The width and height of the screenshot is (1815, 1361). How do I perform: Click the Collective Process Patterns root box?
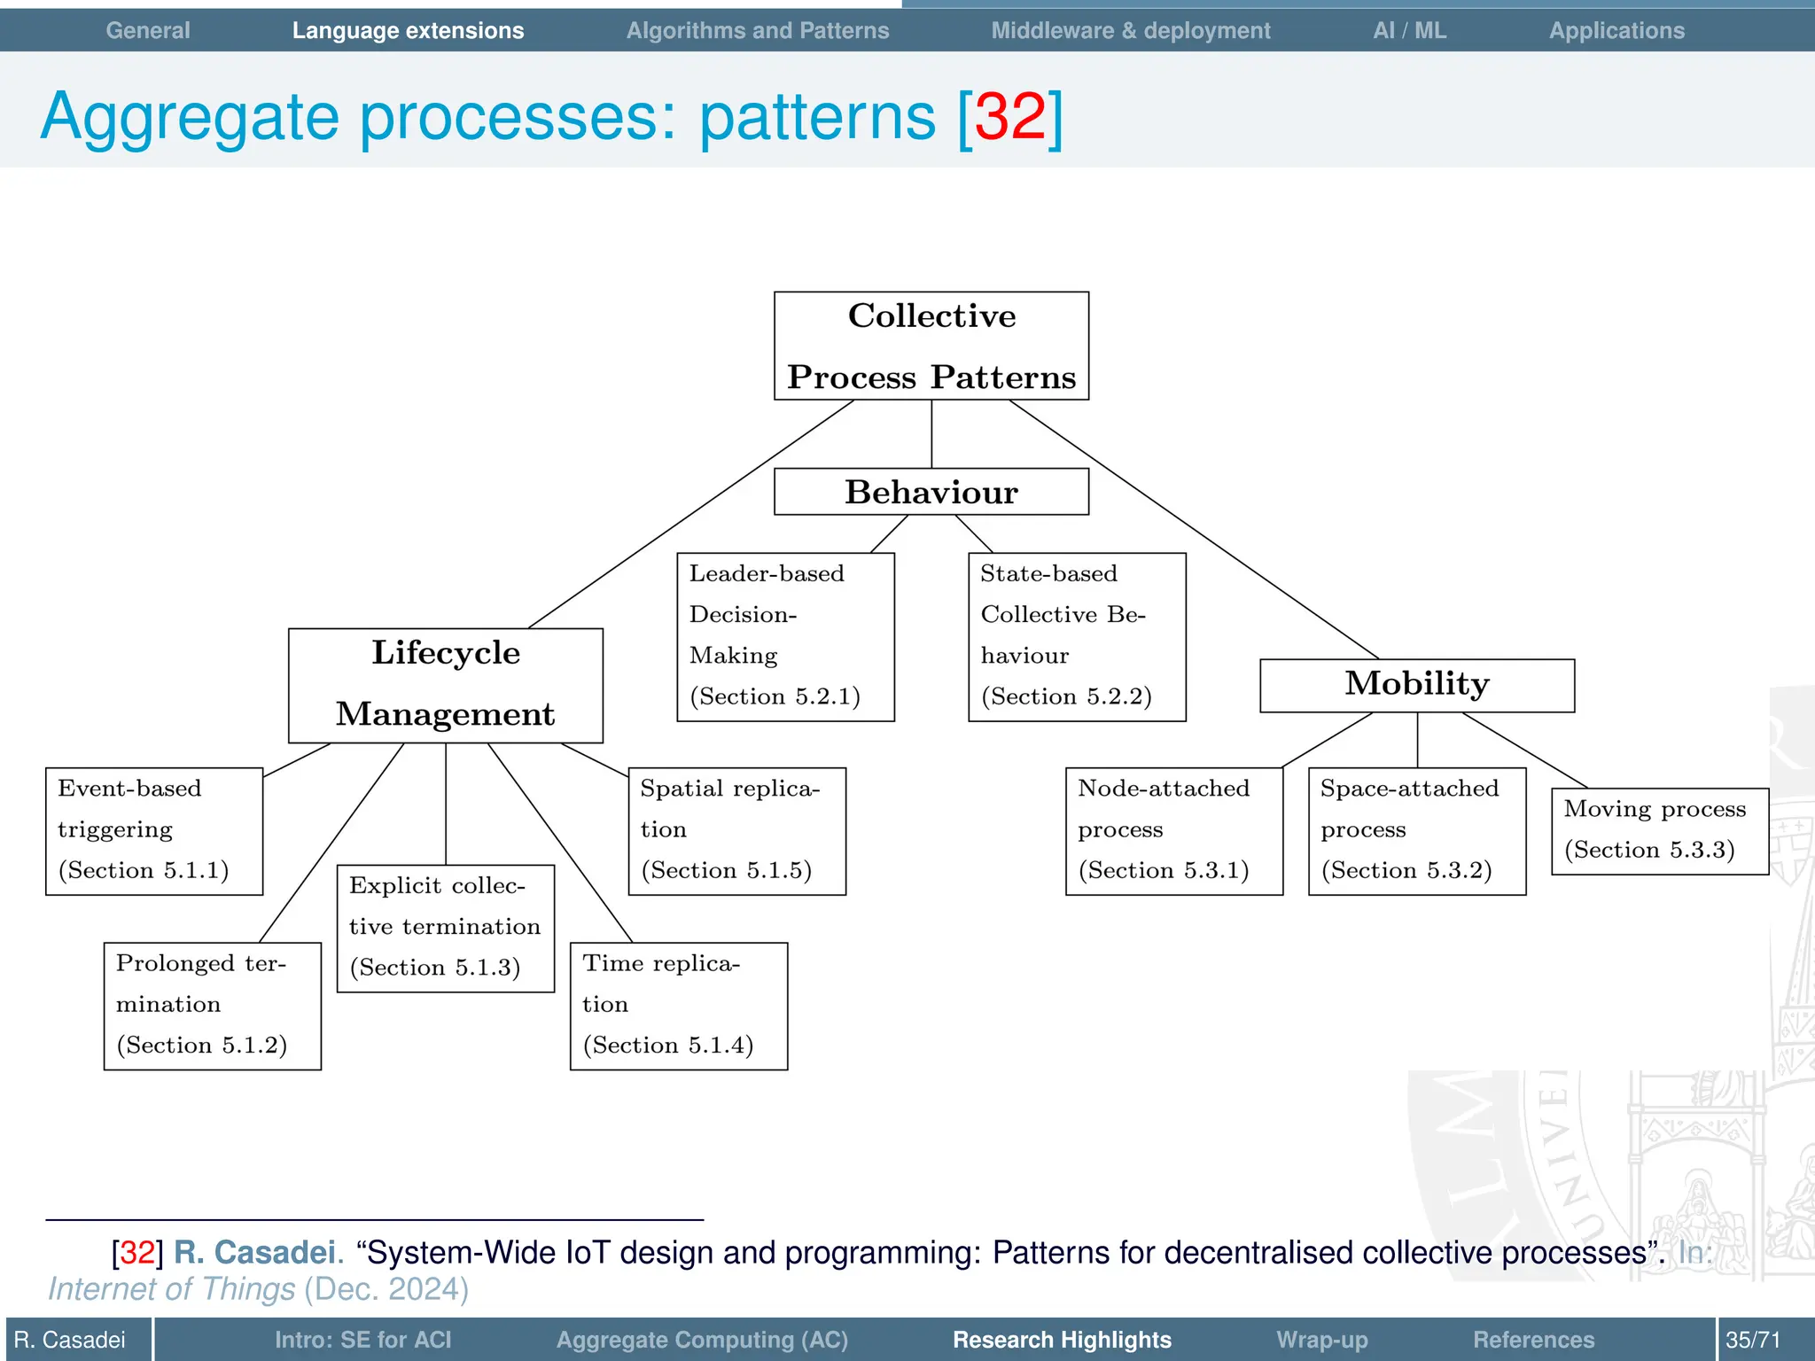931,346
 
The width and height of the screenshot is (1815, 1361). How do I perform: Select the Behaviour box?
931,492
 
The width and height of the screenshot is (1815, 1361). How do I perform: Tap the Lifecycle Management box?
445,685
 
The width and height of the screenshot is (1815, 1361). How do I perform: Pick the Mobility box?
1416,685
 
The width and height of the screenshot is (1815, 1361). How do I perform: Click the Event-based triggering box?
154,830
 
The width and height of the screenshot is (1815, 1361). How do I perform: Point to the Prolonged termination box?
212,1006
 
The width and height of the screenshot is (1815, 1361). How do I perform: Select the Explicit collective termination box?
445,928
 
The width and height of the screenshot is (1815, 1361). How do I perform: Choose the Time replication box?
678,1006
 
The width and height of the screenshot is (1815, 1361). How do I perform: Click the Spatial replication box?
736,830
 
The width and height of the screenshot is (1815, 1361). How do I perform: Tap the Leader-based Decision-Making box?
785,636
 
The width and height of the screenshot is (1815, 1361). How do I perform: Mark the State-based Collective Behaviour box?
1076,636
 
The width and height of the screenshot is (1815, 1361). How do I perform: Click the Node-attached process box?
1173,830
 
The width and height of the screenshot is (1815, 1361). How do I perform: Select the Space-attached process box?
1416,830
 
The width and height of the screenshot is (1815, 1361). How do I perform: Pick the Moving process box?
1659,830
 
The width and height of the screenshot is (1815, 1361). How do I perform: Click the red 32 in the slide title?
1010,116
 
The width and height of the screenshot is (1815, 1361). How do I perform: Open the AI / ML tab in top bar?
1409,30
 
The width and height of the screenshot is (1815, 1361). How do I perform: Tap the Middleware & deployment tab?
1130,30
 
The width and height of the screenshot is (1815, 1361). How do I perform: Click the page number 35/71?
1752,1339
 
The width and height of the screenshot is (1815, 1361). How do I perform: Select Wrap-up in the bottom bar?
1321,1339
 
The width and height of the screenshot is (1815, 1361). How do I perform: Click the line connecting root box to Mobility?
1194,529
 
